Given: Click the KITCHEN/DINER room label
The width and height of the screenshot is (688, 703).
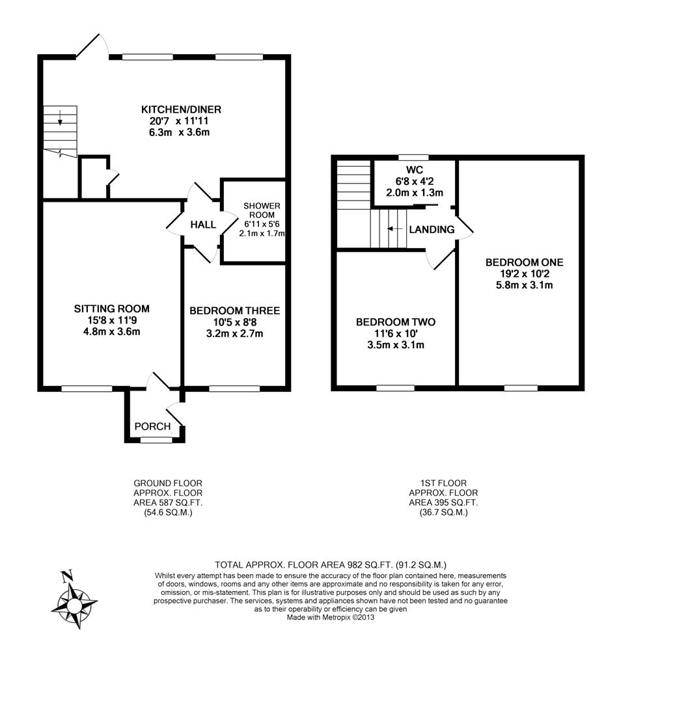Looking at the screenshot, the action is click(x=181, y=109).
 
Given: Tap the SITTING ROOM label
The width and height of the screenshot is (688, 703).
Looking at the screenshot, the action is click(x=111, y=309).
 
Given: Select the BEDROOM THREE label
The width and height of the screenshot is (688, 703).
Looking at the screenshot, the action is click(x=234, y=310).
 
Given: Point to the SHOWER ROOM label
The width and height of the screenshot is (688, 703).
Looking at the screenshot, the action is click(x=262, y=210).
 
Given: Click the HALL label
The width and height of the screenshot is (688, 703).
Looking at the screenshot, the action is click(x=203, y=225).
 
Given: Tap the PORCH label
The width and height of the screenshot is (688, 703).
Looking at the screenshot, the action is click(x=153, y=426).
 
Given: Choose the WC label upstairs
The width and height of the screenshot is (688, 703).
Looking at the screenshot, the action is click(x=415, y=170).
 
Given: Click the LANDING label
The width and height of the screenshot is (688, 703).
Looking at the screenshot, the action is click(x=432, y=230).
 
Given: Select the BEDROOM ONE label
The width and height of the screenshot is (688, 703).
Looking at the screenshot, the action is click(x=525, y=262).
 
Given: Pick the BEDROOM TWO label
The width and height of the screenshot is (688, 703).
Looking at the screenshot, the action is click(x=396, y=322).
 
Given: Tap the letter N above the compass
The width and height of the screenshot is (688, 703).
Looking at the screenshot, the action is click(x=67, y=575).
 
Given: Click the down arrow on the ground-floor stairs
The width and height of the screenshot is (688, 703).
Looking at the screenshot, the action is click(x=60, y=117).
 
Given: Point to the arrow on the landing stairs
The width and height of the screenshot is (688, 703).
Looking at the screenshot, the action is click(x=394, y=228).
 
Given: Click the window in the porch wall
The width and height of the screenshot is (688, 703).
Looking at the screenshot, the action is click(x=156, y=440).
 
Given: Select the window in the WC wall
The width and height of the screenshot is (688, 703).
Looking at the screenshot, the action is click(x=413, y=158).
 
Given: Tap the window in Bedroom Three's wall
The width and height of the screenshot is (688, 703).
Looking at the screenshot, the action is click(x=234, y=389).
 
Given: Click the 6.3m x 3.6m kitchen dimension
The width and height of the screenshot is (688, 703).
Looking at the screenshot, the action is click(x=179, y=132).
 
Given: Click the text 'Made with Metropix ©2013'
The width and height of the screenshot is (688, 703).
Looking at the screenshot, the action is click(x=330, y=617).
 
